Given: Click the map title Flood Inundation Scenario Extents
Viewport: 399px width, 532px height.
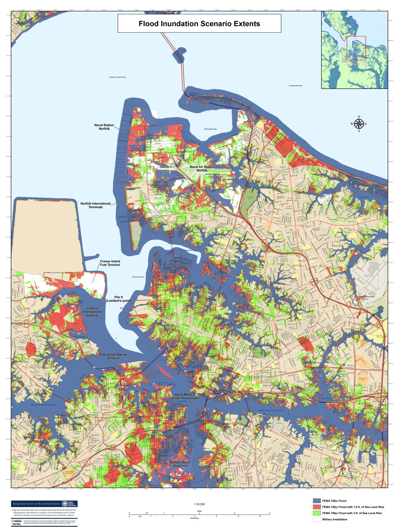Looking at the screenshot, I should tap(199, 24).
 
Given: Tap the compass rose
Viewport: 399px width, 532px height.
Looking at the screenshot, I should tap(359, 124).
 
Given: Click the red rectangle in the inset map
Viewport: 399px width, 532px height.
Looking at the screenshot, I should tap(356, 48).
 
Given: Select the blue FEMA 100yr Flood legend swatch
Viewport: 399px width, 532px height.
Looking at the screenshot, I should tap(317, 501).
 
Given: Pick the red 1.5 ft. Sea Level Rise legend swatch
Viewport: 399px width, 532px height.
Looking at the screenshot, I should tap(317, 507).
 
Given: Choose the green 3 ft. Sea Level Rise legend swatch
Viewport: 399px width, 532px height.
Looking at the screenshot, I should tap(317, 513).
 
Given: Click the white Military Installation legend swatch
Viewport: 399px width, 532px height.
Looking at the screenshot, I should tap(317, 519).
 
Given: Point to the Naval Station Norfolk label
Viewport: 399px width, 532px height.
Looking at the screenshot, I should tap(104, 127).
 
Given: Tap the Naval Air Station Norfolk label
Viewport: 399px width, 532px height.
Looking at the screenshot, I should tap(202, 168).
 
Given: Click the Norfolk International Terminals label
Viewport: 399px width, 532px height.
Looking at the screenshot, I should tap(96, 205).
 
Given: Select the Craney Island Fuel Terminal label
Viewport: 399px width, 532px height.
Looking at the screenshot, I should tap(110, 263).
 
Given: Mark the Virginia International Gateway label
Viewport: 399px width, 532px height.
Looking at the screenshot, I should tap(94, 312).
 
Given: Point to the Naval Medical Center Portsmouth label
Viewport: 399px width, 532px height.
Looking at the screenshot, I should tap(186, 396).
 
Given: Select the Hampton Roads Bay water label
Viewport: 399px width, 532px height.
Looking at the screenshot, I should tap(117, 77).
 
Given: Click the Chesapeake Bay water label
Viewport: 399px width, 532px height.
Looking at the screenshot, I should tap(295, 86).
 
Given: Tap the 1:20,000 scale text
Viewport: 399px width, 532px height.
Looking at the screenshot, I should tap(199, 504).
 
